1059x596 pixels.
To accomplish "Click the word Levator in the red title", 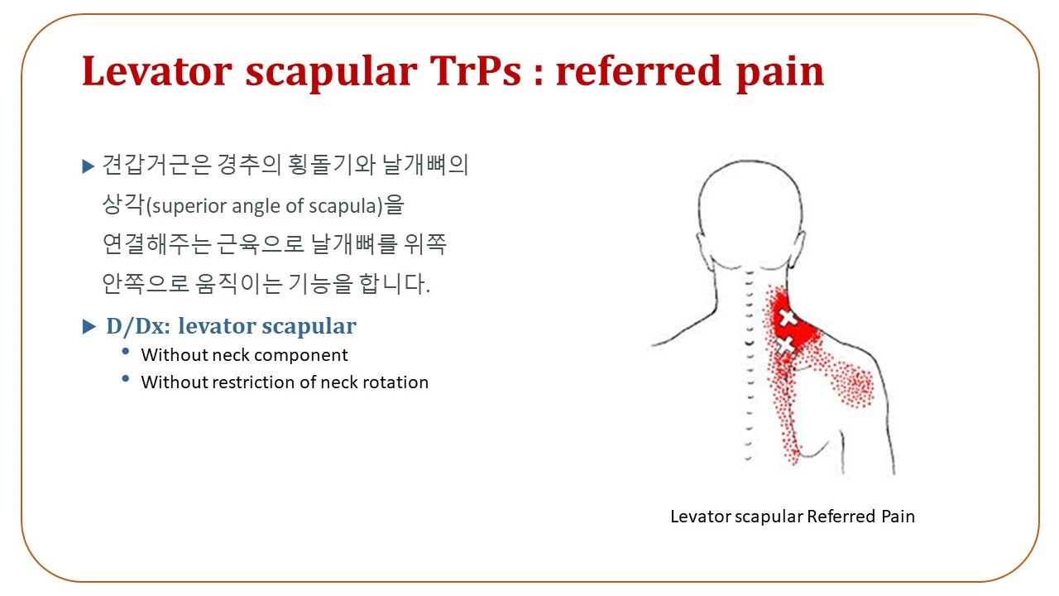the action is [x=157, y=71].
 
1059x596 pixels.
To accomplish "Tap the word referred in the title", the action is [x=639, y=71].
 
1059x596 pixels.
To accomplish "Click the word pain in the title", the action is [x=780, y=74].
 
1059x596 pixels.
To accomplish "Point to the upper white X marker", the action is [x=788, y=318].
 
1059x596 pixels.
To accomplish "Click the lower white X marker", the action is [x=785, y=345].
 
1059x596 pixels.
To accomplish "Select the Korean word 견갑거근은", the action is [x=156, y=165].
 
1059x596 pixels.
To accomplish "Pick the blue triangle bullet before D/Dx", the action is [x=89, y=326].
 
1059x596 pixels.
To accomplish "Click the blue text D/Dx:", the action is [x=138, y=326].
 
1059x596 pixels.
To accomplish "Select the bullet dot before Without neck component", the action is [x=125, y=351].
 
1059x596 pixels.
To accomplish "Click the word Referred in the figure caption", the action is [x=841, y=516].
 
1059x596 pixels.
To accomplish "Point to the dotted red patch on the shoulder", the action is [x=852, y=384].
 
